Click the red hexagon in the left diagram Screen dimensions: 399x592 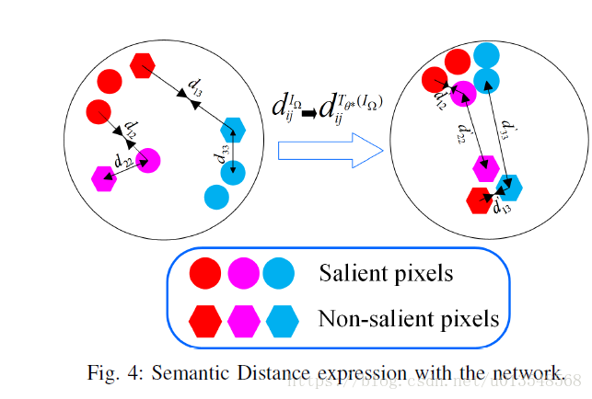(x=143, y=66)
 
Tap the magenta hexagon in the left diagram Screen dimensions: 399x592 (x=104, y=177)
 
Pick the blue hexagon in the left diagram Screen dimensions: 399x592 (x=235, y=129)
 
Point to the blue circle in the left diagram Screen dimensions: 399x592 (x=216, y=195)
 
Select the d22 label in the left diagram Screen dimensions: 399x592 (x=122, y=161)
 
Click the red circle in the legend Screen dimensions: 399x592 (x=204, y=273)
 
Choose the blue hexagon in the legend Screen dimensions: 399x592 (x=280, y=321)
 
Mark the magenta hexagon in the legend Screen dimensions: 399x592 (x=242, y=321)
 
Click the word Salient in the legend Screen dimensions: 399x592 (x=350, y=272)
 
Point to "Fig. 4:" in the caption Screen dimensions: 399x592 (x=112, y=372)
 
